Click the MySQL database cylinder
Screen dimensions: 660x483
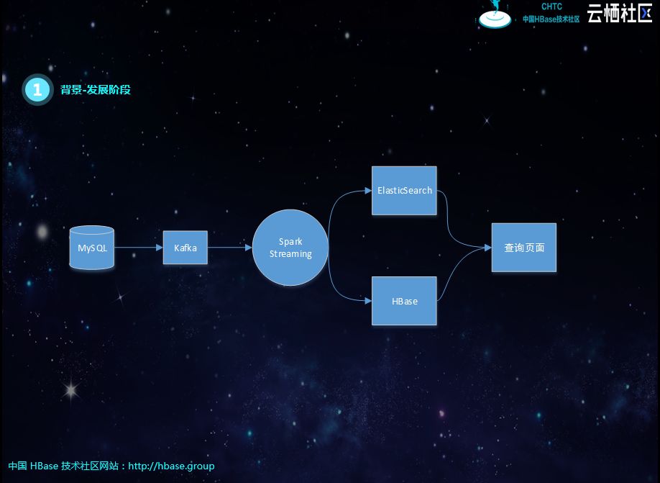tap(92, 248)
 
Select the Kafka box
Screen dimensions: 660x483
tap(185, 248)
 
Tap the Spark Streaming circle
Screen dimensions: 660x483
tap(290, 247)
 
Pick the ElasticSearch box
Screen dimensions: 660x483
tap(404, 191)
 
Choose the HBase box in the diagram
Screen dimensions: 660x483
tap(404, 301)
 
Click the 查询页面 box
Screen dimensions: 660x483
tap(523, 247)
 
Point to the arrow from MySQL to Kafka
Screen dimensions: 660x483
tap(138, 248)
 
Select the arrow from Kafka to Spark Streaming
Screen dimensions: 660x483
tap(229, 248)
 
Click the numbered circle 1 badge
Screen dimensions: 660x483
tap(37, 90)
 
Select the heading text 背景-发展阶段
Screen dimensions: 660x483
tap(96, 90)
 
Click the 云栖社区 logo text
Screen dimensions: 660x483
tap(619, 13)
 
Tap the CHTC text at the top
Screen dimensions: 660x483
tap(551, 6)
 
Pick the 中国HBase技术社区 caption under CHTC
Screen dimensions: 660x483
tap(551, 19)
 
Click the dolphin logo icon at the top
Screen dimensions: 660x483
tap(495, 14)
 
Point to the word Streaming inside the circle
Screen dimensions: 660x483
tap(290, 254)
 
